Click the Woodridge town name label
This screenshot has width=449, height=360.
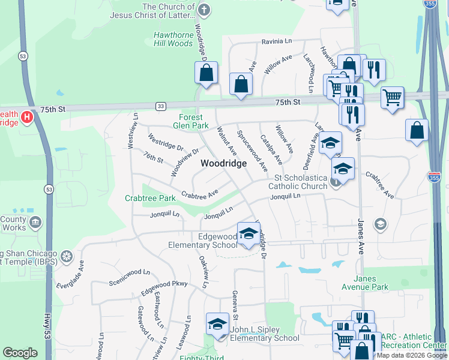click(223, 163)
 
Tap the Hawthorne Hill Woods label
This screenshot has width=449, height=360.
click(173, 39)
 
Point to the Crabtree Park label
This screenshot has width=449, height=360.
click(150, 198)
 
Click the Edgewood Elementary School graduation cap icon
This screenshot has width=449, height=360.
click(248, 233)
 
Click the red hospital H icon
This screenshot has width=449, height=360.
click(27, 116)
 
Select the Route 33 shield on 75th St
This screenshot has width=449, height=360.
click(160, 106)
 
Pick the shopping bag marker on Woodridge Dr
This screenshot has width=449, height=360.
click(206, 73)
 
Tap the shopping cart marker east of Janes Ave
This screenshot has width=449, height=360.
click(392, 96)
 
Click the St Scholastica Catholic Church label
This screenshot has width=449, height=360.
click(301, 182)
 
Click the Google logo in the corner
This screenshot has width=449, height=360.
click(20, 353)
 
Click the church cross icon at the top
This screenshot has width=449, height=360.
click(204, 10)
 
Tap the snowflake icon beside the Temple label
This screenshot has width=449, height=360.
click(66, 258)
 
